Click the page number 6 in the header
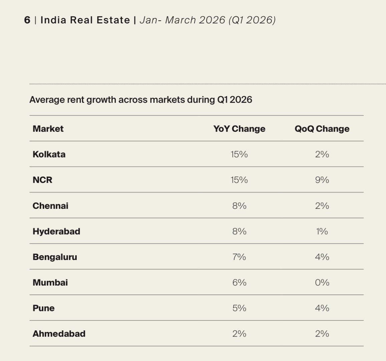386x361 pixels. click(27, 20)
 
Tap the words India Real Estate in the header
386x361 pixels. click(85, 20)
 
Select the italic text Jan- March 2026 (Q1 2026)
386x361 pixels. click(208, 20)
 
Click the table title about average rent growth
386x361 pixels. click(140, 100)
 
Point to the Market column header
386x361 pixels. click(48, 129)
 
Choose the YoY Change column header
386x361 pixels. click(239, 129)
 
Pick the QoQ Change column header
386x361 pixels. click(322, 129)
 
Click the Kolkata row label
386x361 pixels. click(49, 154)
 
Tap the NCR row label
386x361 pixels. click(42, 180)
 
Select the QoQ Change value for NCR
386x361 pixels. click(322, 180)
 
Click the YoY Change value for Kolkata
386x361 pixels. click(239, 154)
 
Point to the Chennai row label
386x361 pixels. click(50, 206)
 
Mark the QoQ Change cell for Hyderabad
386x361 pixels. click(322, 232)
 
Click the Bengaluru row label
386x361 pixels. click(55, 257)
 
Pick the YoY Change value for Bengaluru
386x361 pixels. click(239, 257)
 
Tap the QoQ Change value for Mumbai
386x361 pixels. click(322, 283)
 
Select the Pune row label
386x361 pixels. click(43, 308)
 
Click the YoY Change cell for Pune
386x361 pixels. click(239, 308)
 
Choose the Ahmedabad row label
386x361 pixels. click(59, 334)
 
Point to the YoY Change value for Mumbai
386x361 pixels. click(239, 283)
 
